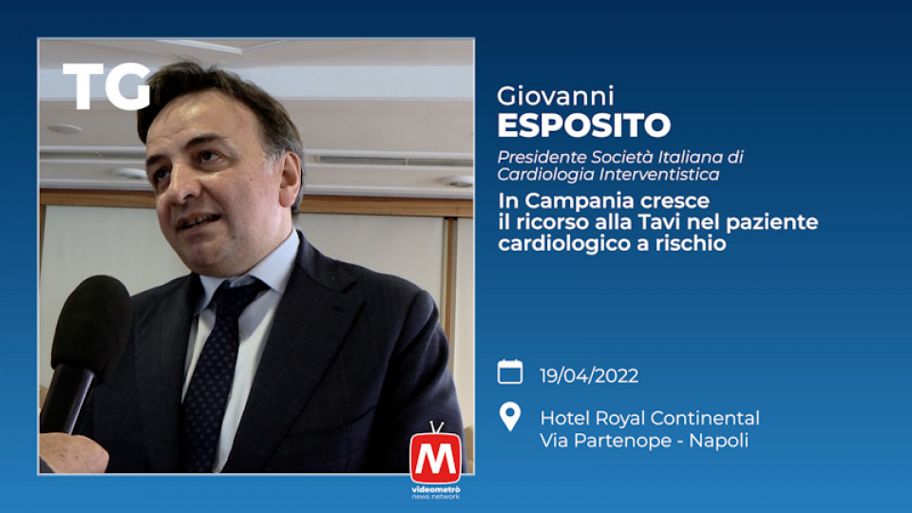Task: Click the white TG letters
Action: coord(106,86)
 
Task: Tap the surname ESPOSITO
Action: coord(584,125)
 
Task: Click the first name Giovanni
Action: coord(556,97)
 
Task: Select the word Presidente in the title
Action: coord(542,157)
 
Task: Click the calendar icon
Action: coord(510,372)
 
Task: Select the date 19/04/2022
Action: coord(589,376)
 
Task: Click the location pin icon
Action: coord(510,416)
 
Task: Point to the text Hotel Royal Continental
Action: coord(650,418)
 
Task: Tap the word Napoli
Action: coord(718,440)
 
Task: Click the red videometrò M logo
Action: coord(436,457)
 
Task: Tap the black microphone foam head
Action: coord(92,323)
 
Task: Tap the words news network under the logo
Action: coord(436,497)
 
